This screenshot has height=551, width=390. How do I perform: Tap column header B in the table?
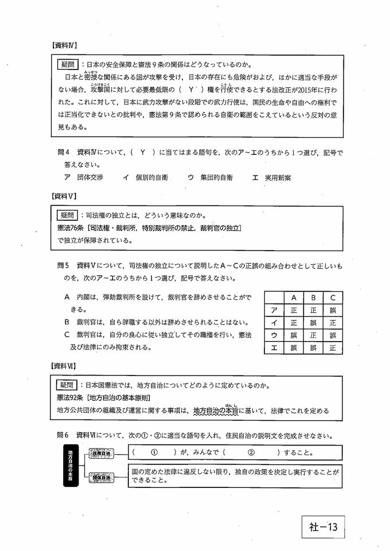313,298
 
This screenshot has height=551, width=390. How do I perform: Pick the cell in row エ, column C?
333,347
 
